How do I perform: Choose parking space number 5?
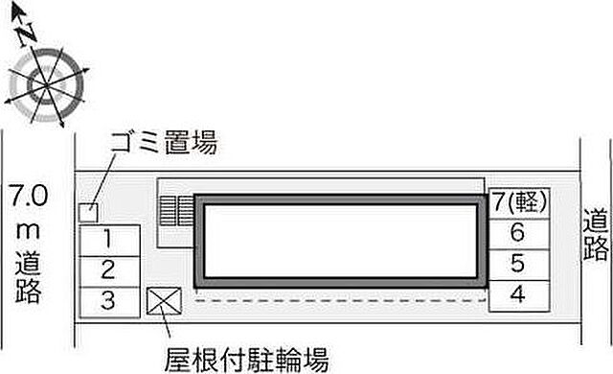tap(518, 263)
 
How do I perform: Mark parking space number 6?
tap(518, 232)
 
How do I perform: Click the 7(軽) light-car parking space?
tap(518, 202)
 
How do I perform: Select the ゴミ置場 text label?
tap(163, 144)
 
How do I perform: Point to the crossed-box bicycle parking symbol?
tap(160, 301)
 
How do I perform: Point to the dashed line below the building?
tap(335, 300)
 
